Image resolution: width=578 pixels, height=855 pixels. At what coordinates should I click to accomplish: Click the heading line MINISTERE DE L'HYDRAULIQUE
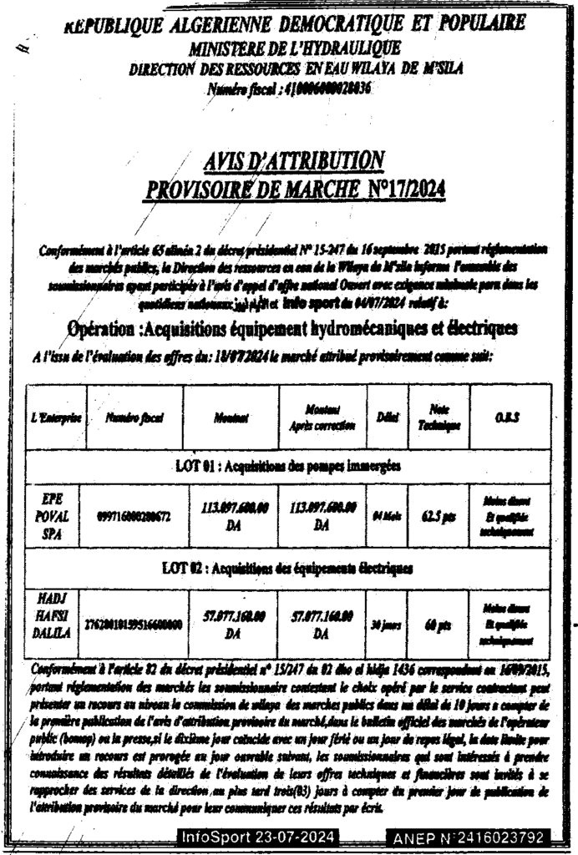[x=294, y=49]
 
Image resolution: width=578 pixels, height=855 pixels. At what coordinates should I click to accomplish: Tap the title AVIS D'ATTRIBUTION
[x=294, y=159]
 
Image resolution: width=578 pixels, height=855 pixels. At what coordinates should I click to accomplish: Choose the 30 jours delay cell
[x=387, y=623]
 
